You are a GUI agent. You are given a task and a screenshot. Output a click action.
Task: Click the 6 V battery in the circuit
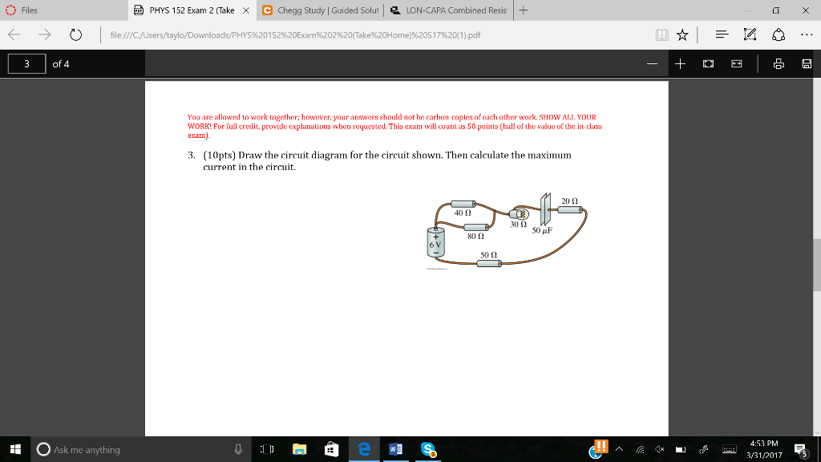pyautogui.click(x=435, y=242)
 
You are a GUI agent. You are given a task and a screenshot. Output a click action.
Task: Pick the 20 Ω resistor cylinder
pyautogui.click(x=570, y=209)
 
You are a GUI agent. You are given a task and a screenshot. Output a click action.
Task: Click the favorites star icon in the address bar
pyautogui.click(x=681, y=34)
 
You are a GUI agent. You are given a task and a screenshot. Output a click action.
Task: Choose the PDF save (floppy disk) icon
pyautogui.click(x=806, y=63)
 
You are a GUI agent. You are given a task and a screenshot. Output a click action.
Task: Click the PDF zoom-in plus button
pyautogui.click(x=680, y=63)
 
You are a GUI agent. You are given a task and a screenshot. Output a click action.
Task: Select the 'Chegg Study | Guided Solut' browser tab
pyautogui.click(x=322, y=10)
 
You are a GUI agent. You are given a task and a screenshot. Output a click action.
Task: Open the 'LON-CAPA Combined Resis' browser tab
pyautogui.click(x=448, y=10)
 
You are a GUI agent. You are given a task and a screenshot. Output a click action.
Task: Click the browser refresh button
pyautogui.click(x=77, y=35)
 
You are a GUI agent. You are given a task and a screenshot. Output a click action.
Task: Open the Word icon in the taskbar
pyautogui.click(x=395, y=449)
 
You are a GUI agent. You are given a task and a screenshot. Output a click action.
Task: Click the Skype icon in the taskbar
pyautogui.click(x=429, y=449)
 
